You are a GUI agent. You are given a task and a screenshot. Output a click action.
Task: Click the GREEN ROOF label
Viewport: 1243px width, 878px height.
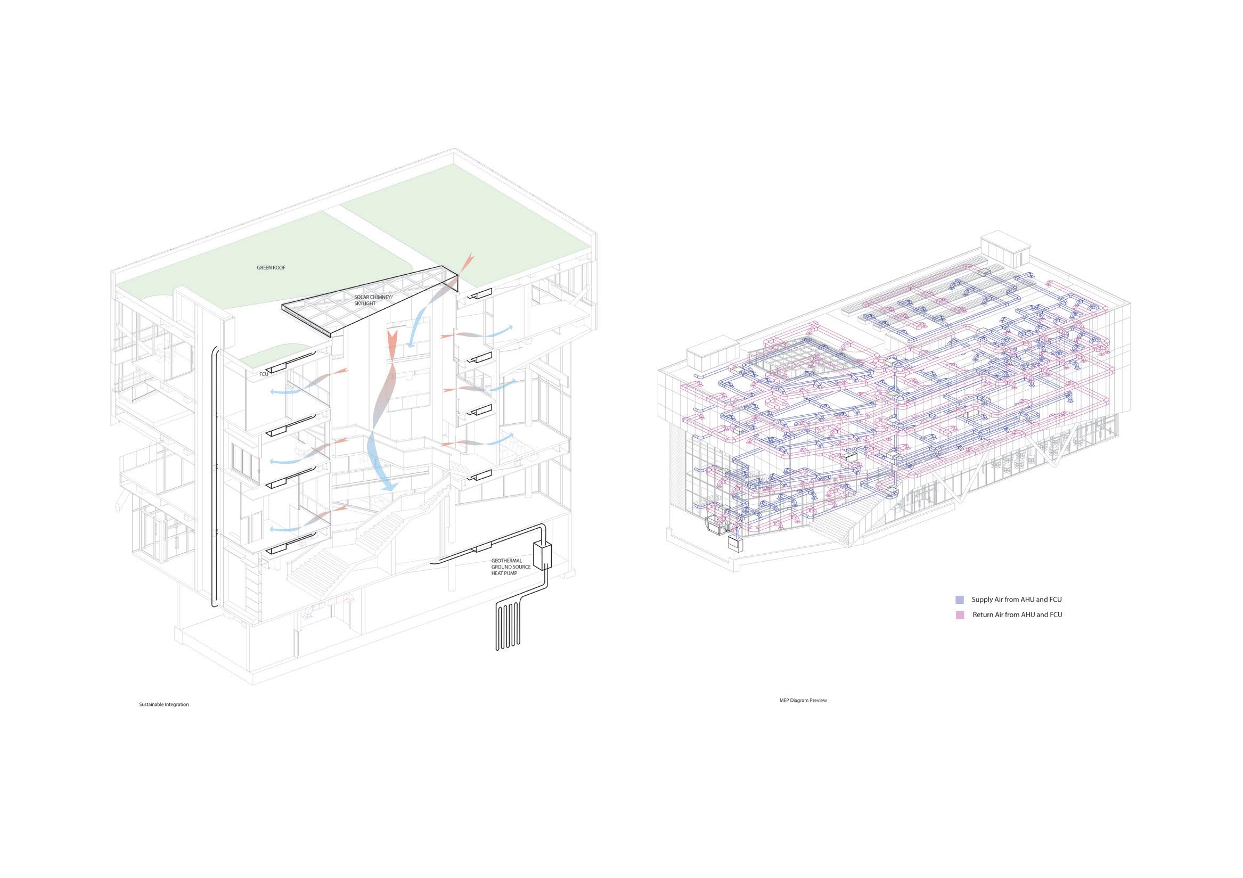pos(271,268)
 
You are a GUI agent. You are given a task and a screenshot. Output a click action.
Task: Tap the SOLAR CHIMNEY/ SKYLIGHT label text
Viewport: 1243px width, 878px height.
pos(372,300)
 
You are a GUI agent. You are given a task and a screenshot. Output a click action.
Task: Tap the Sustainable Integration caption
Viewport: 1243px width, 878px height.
pos(163,705)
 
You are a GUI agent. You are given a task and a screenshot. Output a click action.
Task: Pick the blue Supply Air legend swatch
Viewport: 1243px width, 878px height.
pos(959,600)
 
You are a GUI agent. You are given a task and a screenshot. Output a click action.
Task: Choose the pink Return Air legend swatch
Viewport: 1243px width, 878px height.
pos(959,615)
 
